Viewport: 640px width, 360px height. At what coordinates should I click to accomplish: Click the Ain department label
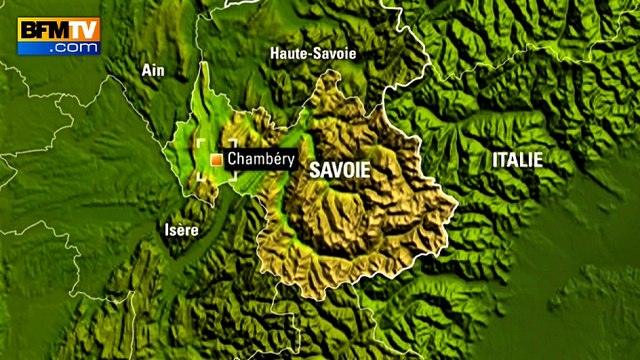point(152,70)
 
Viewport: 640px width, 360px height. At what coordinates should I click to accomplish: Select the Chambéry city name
point(258,159)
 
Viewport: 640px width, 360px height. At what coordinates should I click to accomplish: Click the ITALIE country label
point(517,159)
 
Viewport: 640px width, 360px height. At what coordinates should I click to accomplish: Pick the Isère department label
point(181,230)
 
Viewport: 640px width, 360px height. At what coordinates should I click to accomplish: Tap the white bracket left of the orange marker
point(200,160)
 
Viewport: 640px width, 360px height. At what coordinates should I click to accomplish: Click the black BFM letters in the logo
point(44,30)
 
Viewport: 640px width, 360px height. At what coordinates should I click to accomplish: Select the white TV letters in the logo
point(83,30)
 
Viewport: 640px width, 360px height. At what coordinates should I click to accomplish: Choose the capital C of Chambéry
point(232,159)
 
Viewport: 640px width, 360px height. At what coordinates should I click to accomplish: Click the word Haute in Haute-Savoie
point(289,52)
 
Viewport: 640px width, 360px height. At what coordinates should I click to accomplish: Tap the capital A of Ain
point(146,70)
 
